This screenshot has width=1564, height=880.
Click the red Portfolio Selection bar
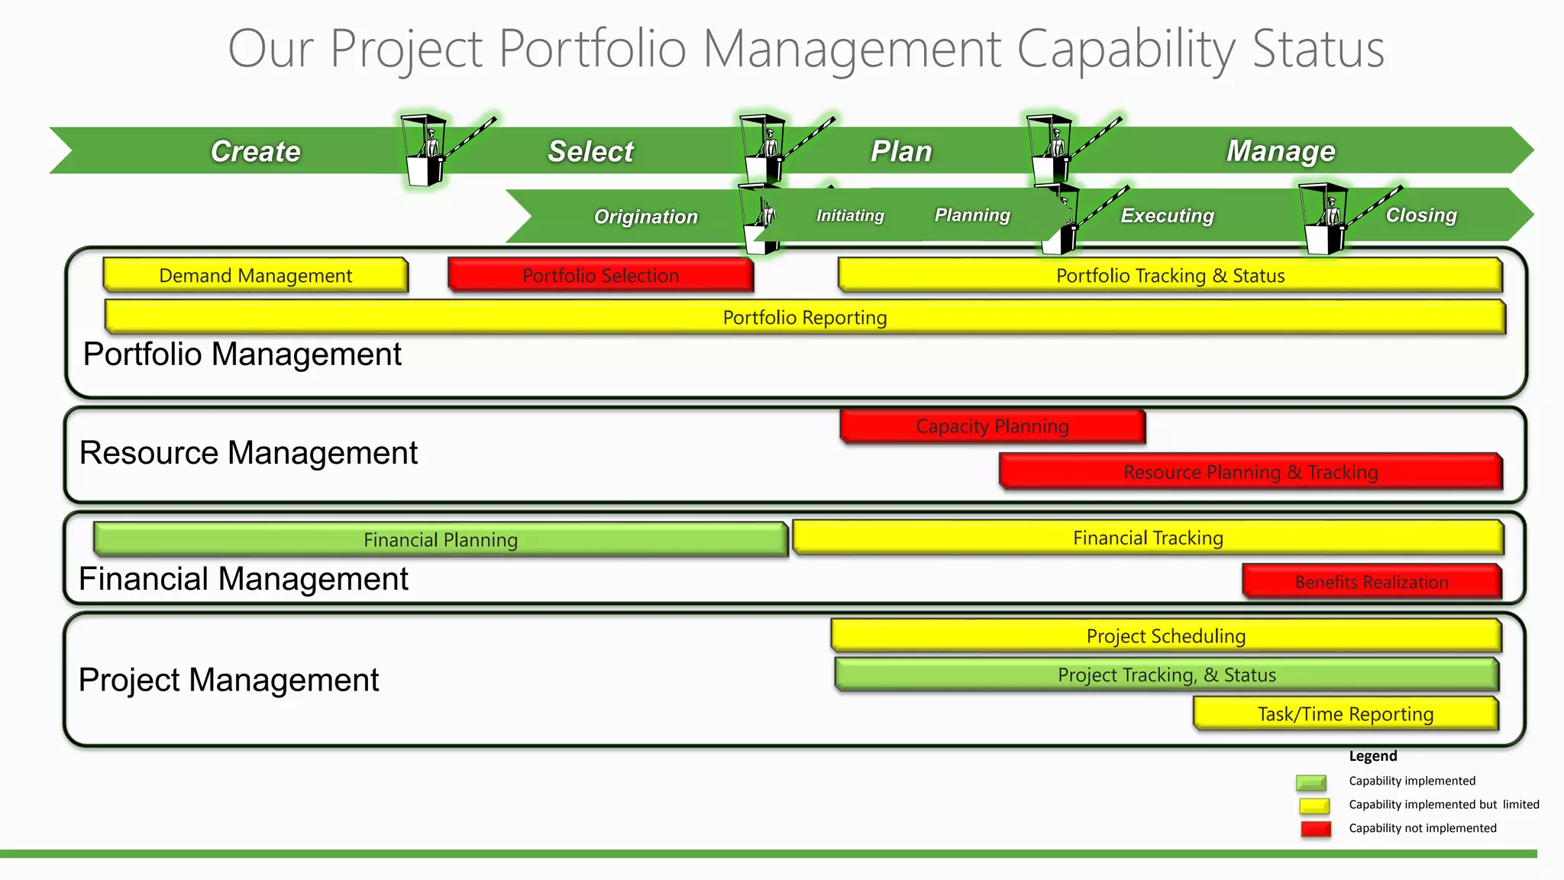[600, 275]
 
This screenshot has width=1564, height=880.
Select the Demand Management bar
[255, 275]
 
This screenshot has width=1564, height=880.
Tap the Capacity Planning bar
[992, 426]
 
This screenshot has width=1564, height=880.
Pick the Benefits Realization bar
[1372, 582]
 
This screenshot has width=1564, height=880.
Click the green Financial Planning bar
[440, 540]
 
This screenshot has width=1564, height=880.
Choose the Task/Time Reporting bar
[1346, 714]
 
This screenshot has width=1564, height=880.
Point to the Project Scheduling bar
[1165, 636]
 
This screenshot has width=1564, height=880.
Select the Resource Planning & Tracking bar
[1250, 472]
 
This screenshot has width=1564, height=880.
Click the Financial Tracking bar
[1148, 538]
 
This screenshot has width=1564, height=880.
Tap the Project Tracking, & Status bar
[1166, 675]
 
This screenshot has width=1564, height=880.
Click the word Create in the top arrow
[256, 151]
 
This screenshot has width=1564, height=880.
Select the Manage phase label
[1281, 151]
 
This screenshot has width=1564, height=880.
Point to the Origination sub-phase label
[645, 217]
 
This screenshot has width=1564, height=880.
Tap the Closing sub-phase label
[1421, 215]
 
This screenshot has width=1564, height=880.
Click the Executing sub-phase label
[1167, 216]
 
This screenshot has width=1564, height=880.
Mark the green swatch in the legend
[1311, 782]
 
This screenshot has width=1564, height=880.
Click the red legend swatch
[1315, 829]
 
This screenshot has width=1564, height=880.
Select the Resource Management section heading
[248, 453]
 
